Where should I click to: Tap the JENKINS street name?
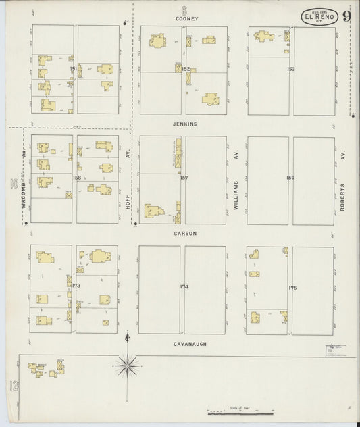pos(184,124)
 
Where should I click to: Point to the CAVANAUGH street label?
pos(184,343)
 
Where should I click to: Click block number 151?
pos(74,69)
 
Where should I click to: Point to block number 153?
pos(290,69)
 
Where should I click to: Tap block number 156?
pos(290,178)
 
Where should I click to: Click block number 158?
pos(76,178)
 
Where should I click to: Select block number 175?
pos(292,288)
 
